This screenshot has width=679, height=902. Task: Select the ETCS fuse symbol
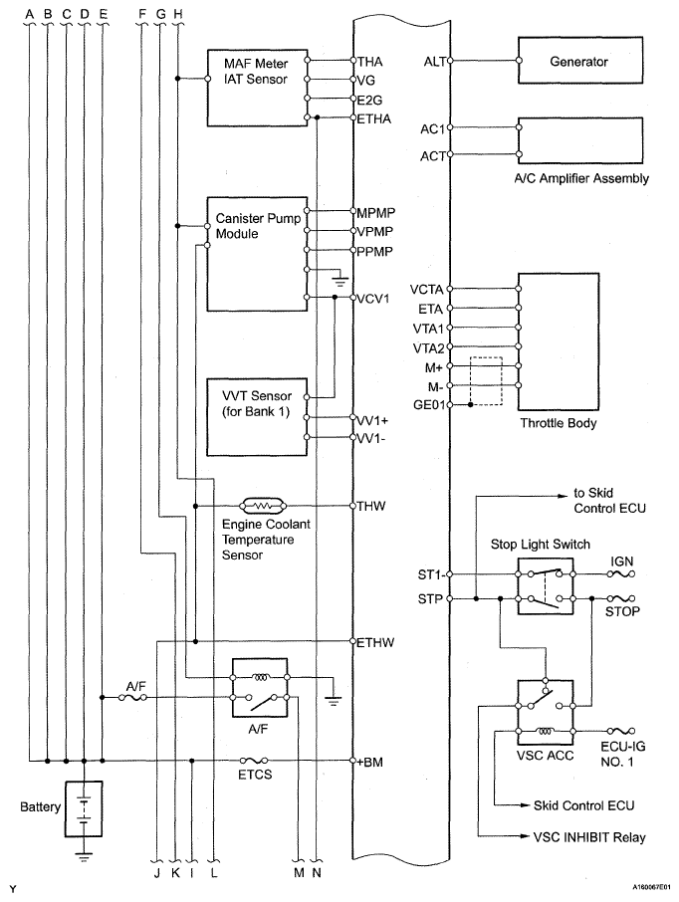[254, 761]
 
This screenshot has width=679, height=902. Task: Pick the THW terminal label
[371, 506]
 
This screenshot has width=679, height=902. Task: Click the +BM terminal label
[369, 763]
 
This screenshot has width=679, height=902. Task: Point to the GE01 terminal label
[429, 405]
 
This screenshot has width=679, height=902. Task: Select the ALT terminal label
[434, 61]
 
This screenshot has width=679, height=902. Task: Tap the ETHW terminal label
[375, 642]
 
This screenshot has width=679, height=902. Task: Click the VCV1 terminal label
[373, 299]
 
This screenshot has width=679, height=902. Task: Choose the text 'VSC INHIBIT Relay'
[589, 837]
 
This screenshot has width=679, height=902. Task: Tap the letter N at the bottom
[317, 873]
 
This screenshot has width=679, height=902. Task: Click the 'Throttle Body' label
[559, 423]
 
